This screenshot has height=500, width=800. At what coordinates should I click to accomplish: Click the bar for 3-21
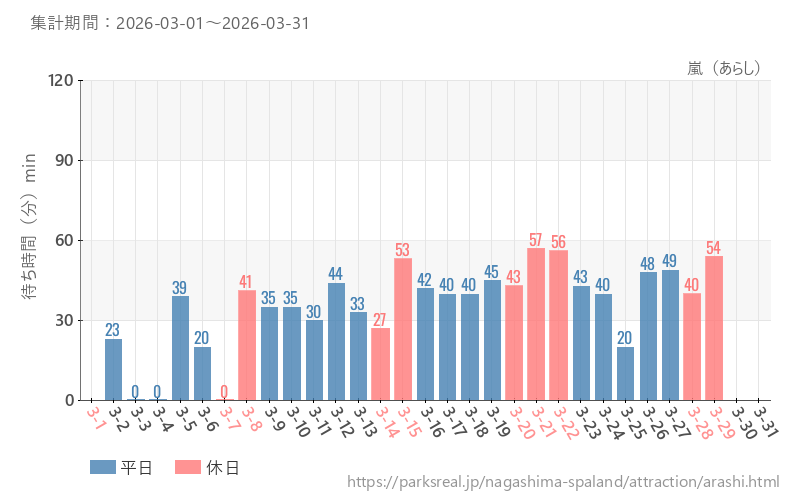pos(536,324)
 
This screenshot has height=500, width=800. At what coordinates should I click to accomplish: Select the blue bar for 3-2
pos(113,369)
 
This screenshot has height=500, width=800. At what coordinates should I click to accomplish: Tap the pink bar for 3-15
pos(403,329)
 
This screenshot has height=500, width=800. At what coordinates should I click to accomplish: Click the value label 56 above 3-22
pos(558,242)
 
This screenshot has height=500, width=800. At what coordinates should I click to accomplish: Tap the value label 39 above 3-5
pos(180,288)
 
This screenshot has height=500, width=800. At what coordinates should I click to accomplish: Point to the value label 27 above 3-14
pos(380,320)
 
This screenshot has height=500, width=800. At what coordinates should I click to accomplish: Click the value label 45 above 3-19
pos(492,272)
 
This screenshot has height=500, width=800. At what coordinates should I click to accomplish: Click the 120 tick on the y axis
pos(60,80)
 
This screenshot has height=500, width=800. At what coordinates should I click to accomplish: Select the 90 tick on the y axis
pos(64,160)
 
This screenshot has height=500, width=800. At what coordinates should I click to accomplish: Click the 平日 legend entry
pos(121,467)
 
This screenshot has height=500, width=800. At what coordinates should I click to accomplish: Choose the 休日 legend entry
pos(206,467)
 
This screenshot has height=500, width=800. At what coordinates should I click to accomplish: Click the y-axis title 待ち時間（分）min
pos(30,240)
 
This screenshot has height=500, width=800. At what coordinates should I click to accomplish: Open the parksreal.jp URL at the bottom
pos(562,483)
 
